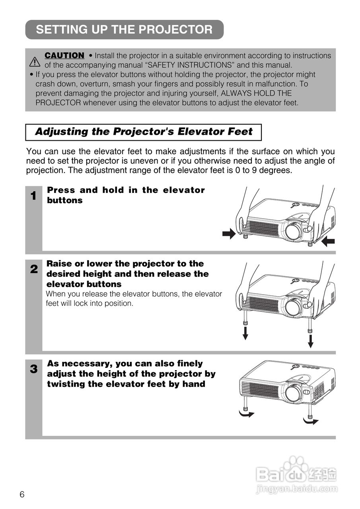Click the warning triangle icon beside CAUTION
tap(35, 62)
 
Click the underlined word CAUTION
tap(64, 55)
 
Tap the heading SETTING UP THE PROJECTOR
tap(124, 29)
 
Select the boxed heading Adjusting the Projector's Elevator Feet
tap(144, 132)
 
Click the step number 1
tap(34, 196)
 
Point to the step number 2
tap(34, 269)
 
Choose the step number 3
tap(34, 369)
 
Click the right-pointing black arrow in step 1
tap(229, 234)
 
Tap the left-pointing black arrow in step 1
tap(328, 241)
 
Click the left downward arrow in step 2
tap(245, 333)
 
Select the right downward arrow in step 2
tap(311, 341)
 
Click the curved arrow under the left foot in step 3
tap(246, 414)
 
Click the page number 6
tap(22, 495)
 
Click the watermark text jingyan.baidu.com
tap(297, 489)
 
